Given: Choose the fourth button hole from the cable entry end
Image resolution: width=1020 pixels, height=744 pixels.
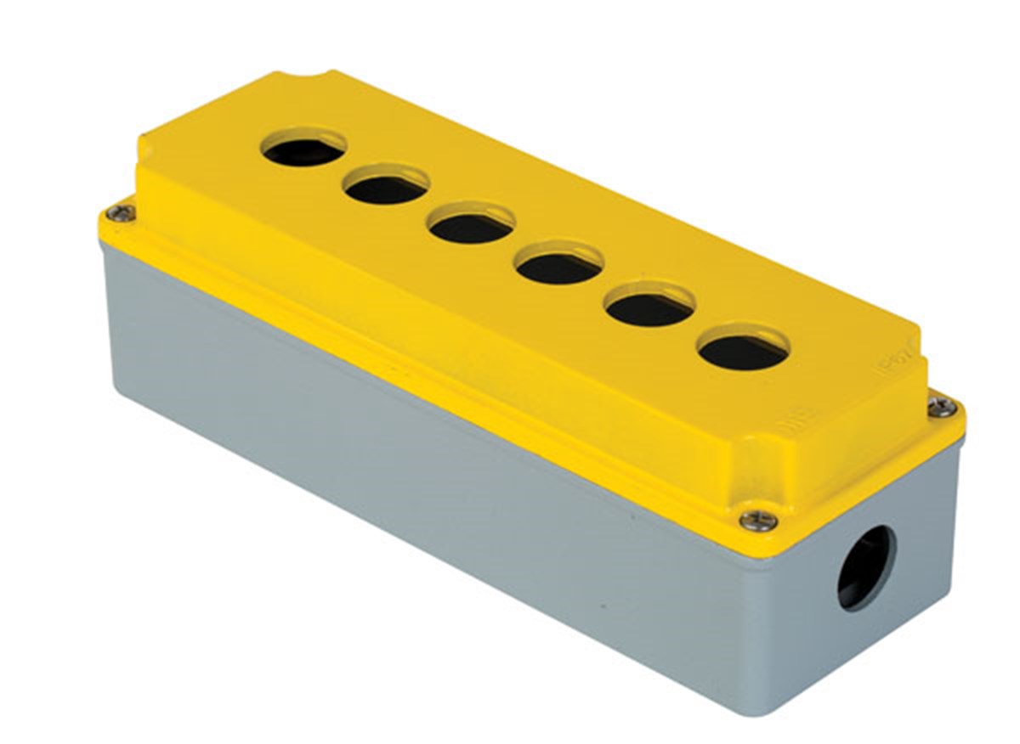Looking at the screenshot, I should (472, 226).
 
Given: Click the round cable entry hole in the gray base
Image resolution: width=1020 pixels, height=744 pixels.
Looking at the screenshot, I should (865, 566).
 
